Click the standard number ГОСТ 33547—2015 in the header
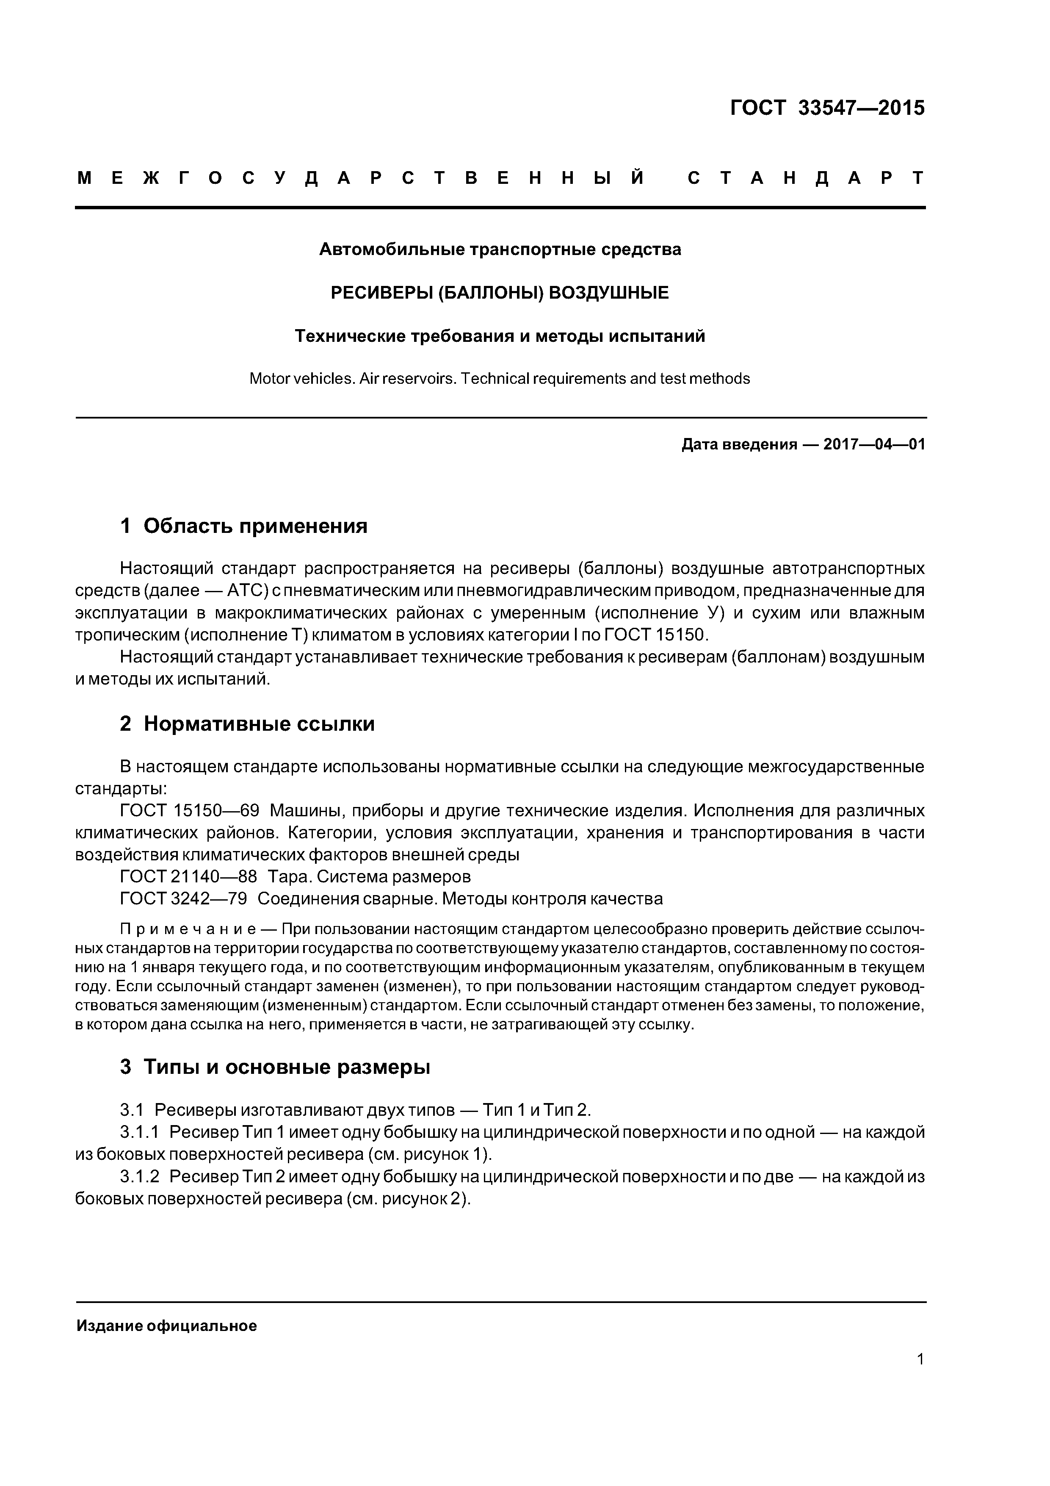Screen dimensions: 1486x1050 tap(827, 108)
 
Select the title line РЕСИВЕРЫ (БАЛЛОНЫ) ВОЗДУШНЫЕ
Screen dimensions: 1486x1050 tap(500, 293)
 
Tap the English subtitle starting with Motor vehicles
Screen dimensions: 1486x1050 tap(500, 379)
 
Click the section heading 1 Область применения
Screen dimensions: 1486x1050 tap(244, 526)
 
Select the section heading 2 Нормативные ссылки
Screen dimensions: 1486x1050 tap(247, 724)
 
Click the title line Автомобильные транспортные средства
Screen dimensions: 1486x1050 tap(500, 249)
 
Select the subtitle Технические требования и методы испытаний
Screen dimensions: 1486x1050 tap(500, 336)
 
